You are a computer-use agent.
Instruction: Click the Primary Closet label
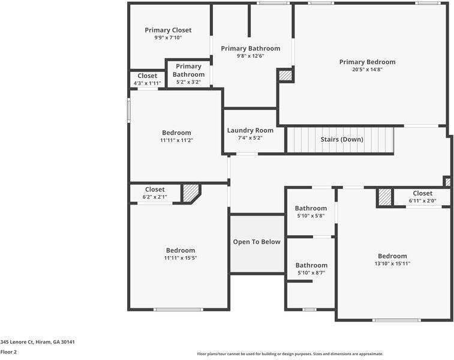tap(168, 30)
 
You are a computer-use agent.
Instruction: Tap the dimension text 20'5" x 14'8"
tap(367, 70)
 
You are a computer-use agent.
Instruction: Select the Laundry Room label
tap(250, 130)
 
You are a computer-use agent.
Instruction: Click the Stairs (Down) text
tap(341, 139)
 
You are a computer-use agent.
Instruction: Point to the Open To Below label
tap(257, 242)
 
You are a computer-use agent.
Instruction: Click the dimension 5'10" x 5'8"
tap(311, 216)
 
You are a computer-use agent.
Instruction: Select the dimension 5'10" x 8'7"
tap(311, 273)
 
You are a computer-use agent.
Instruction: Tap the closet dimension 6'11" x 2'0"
tap(422, 201)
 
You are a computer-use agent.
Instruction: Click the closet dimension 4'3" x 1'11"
tap(147, 83)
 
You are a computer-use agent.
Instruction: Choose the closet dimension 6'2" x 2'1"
tap(155, 197)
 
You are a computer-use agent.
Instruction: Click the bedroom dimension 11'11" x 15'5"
tap(181, 258)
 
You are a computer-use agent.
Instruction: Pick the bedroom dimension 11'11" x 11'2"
tap(176, 140)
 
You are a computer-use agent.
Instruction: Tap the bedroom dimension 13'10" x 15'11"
tap(392, 263)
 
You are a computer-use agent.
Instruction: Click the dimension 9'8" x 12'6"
tap(250, 56)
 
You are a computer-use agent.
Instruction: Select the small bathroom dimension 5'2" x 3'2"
tap(188, 82)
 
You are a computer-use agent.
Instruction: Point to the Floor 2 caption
tap(8, 352)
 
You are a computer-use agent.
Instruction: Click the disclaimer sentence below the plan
tap(290, 354)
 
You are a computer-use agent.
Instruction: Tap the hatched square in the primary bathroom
tap(285, 76)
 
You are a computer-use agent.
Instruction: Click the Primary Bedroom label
tap(367, 62)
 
